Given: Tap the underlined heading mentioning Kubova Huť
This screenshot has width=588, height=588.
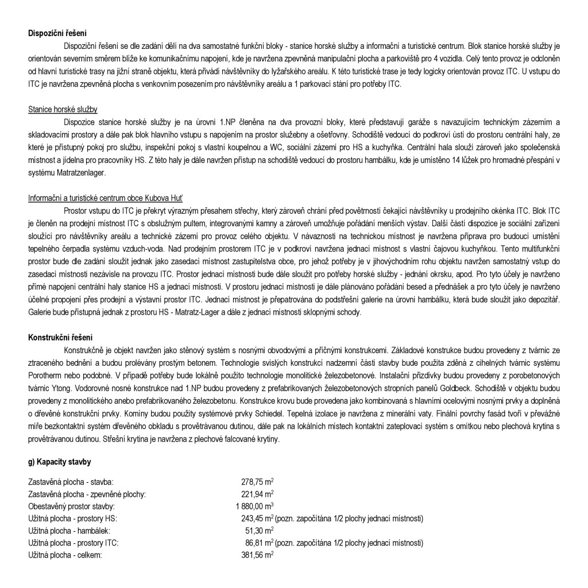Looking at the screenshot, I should pyautogui.click(x=105, y=198).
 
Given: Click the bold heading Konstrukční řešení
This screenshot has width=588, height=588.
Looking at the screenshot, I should pyautogui.click(x=60, y=337).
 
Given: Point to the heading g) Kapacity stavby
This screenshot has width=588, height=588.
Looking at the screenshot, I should pyautogui.click(x=59, y=462).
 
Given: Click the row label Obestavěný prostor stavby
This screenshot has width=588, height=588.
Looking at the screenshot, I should pyautogui.click(x=72, y=506).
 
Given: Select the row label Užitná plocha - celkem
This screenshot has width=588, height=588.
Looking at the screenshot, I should pyautogui.click(x=65, y=555).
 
